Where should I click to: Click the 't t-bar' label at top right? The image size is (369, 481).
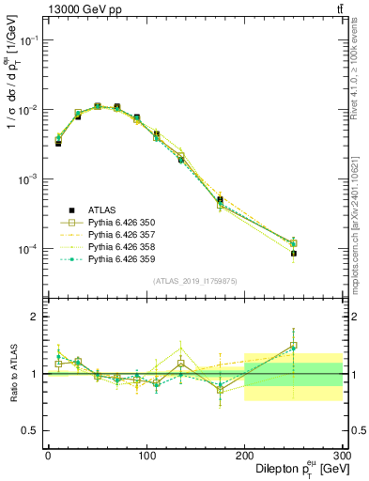[x=339, y=9]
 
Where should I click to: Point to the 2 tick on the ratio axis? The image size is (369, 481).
[x=35, y=317]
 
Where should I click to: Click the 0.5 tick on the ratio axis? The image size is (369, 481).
[x=31, y=430]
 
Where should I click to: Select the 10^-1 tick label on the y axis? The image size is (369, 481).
[x=27, y=39]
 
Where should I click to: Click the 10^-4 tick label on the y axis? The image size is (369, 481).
[x=27, y=249]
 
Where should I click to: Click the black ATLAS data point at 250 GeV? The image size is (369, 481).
[x=293, y=254]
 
